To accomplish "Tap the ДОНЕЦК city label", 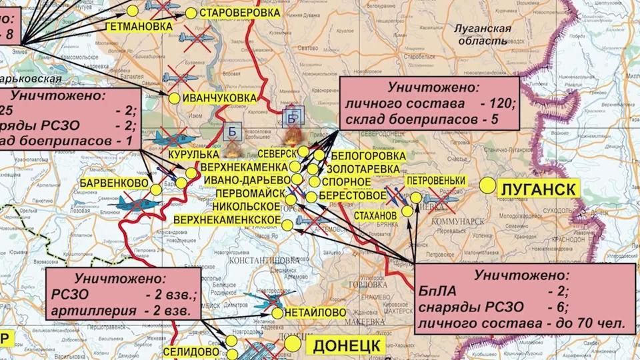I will click(x=345, y=345).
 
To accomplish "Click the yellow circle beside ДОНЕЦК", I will click(x=292, y=342).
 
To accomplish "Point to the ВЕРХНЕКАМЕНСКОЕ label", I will click(x=226, y=220).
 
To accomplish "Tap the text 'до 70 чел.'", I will click(x=587, y=324).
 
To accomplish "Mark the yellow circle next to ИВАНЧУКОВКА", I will click(x=175, y=99).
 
